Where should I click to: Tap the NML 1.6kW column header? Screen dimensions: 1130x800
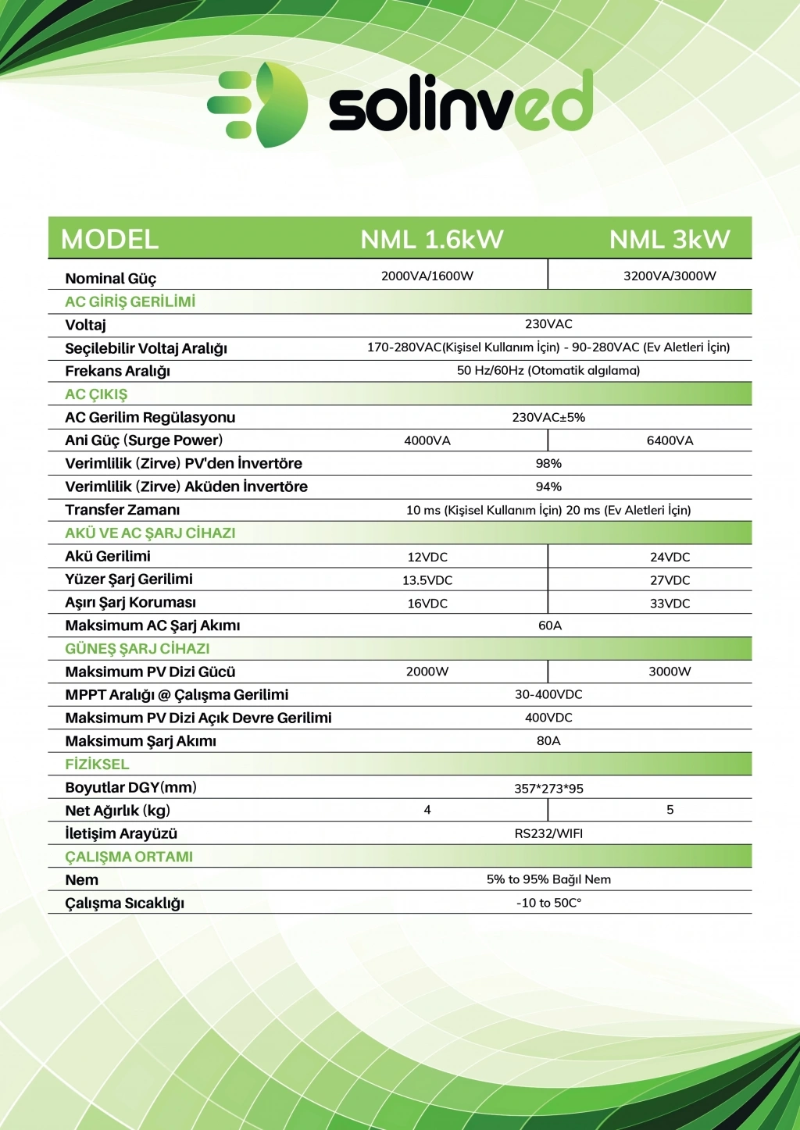point(431,239)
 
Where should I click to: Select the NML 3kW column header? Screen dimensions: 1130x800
point(670,239)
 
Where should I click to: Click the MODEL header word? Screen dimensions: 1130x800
point(109,239)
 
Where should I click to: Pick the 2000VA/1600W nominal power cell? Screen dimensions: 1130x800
point(427,276)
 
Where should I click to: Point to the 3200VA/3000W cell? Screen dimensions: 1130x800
point(670,276)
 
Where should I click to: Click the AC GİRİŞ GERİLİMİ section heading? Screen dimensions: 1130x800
point(130,301)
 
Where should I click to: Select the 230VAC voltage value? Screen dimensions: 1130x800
point(548,324)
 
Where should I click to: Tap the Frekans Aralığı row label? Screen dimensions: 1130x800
point(117,371)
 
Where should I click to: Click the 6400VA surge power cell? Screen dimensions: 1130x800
point(670,440)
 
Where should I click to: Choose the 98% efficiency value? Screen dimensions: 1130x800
point(548,464)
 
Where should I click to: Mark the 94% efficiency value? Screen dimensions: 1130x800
point(548,487)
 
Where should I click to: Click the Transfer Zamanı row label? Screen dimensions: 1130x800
point(122,510)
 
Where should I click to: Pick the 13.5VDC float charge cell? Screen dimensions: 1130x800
point(427,580)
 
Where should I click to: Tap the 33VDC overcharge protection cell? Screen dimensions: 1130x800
point(670,604)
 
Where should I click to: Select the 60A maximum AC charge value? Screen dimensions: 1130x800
point(550,626)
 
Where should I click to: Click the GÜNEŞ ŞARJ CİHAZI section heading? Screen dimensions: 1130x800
point(137,649)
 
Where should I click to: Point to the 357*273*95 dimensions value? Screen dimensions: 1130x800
point(548,788)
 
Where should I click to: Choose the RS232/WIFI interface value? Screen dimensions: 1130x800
point(548,834)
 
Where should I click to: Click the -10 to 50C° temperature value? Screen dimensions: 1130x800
point(548,903)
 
